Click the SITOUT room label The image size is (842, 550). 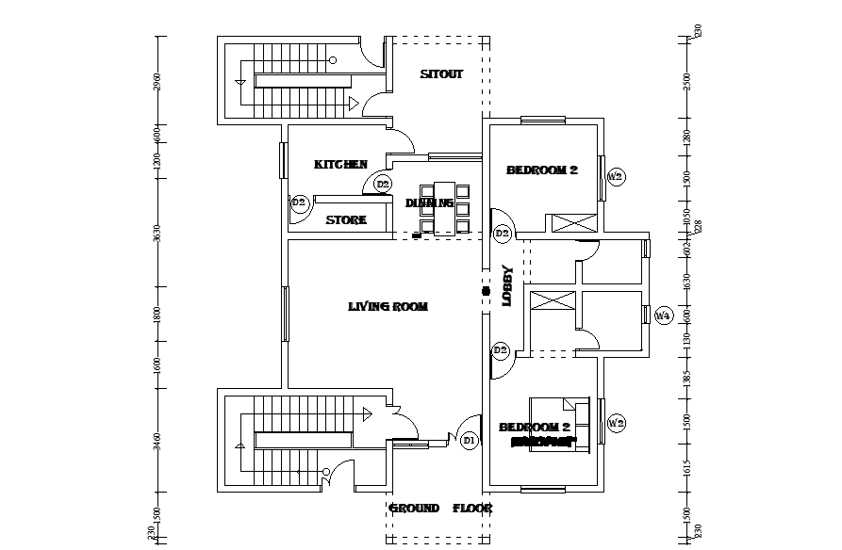pyautogui.click(x=441, y=74)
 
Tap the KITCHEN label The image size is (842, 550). pyautogui.click(x=340, y=165)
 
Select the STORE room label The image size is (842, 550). pyautogui.click(x=346, y=220)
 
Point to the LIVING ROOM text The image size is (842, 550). pyautogui.click(x=388, y=306)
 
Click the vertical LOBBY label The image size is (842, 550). pyautogui.click(x=506, y=284)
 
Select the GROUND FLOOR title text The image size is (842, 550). pyautogui.click(x=440, y=509)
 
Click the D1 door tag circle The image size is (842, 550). pyautogui.click(x=470, y=440)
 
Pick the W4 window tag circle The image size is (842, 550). pyautogui.click(x=663, y=315)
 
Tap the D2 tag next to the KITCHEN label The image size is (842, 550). pyautogui.click(x=383, y=185)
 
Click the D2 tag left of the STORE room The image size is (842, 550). pyautogui.click(x=299, y=202)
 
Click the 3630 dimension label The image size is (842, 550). pyautogui.click(x=157, y=233)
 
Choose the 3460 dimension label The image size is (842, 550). pyautogui.click(x=157, y=442)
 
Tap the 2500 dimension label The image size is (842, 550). pyautogui.click(x=687, y=82)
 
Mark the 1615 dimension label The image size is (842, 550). pyautogui.click(x=687, y=468)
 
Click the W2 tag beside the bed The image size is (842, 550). pyautogui.click(x=616, y=424)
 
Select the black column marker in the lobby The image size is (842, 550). pyautogui.click(x=486, y=291)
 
